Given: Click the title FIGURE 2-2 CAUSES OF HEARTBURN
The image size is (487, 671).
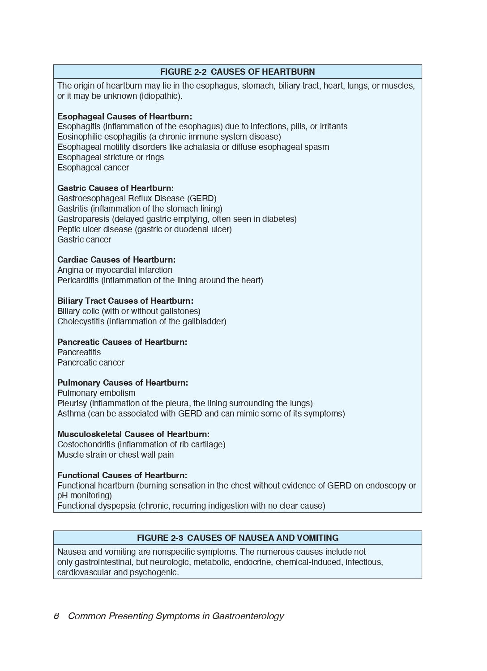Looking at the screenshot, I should (237, 72).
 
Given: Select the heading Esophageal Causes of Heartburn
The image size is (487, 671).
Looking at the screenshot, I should (124, 116).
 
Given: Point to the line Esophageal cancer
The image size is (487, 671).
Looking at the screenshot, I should (93, 168).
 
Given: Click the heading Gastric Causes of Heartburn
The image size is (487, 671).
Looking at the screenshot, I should (115, 188).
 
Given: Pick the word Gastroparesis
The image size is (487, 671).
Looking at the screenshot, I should (83, 219).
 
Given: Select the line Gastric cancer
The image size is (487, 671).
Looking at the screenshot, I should (84, 240).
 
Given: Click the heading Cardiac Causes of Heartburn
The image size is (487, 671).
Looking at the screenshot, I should (116, 259).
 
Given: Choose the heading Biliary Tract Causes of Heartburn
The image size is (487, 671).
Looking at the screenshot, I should (125, 301).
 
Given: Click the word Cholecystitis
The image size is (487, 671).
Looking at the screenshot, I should (81, 322).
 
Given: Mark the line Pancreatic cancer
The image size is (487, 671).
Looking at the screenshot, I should (91, 363).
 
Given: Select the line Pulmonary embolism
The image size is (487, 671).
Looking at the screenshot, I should (96, 393).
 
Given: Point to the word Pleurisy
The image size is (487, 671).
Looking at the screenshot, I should (72, 403).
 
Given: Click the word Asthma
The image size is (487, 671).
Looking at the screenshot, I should (71, 414).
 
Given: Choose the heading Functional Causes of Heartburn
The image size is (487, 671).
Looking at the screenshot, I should (122, 475).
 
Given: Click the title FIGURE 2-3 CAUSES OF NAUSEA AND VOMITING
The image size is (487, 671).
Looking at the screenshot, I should (237, 538).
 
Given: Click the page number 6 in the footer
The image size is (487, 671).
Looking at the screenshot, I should (56, 616).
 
